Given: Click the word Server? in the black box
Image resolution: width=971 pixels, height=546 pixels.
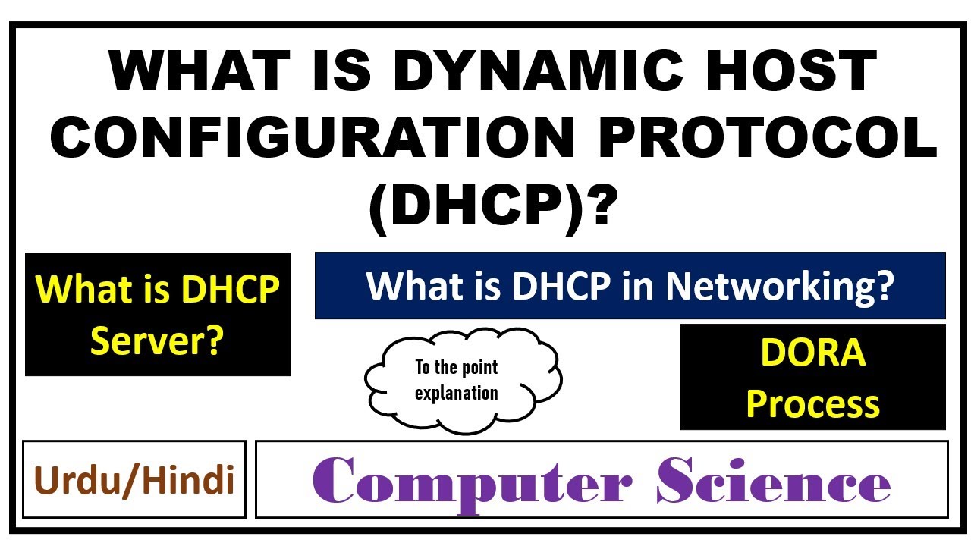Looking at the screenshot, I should pos(157,341).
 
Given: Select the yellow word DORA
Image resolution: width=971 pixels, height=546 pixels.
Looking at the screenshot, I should pos(812,353).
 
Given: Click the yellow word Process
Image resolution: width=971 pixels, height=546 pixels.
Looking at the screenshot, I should pos(812,404).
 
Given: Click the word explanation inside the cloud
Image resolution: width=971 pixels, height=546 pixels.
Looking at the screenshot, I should pos(457,393).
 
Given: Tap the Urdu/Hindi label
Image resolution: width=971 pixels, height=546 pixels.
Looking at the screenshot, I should pos(134,480).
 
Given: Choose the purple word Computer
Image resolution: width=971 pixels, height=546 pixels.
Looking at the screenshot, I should pos(471,481).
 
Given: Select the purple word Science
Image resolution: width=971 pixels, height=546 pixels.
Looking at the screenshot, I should pos(773,481).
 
